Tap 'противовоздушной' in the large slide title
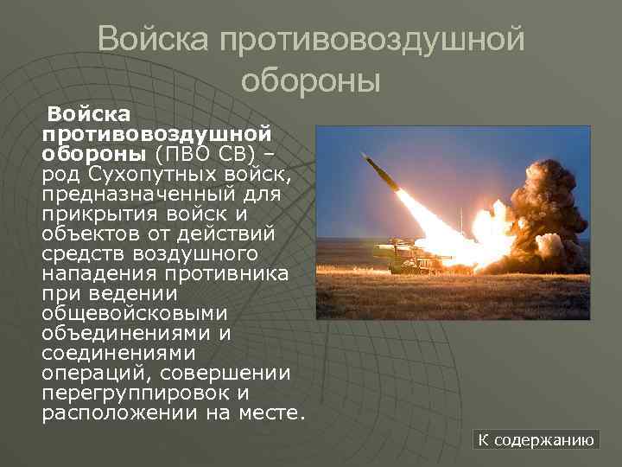coord(373,39)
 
